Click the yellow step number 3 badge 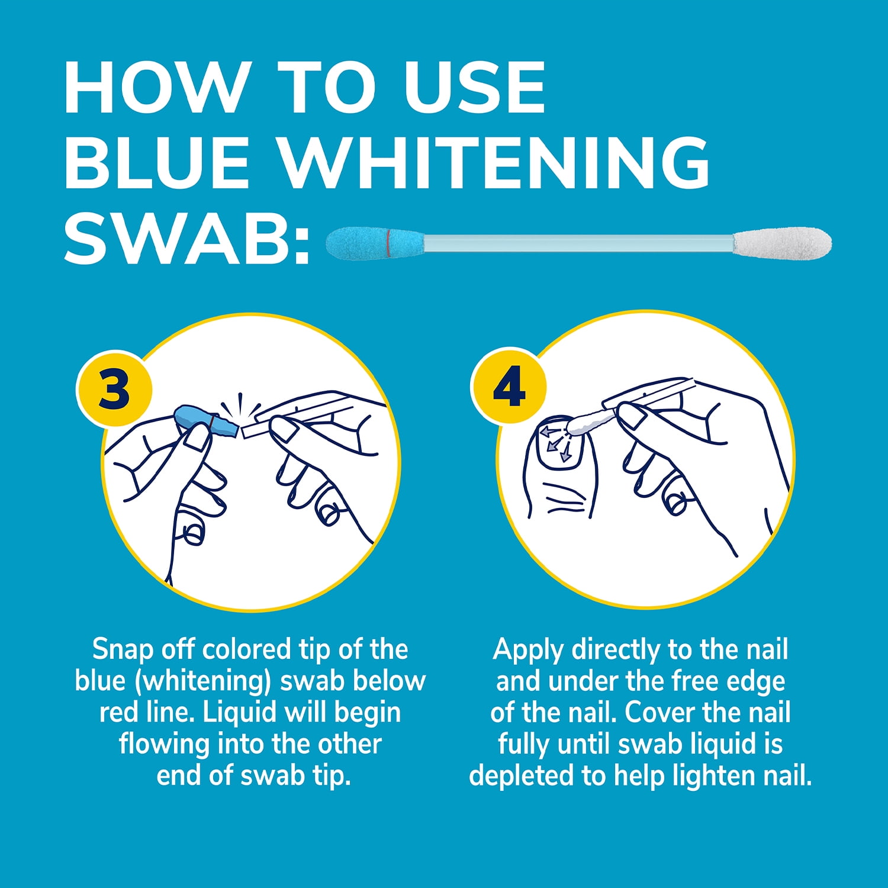(x=114, y=390)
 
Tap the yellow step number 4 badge (x=509, y=386)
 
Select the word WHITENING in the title (x=494, y=162)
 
